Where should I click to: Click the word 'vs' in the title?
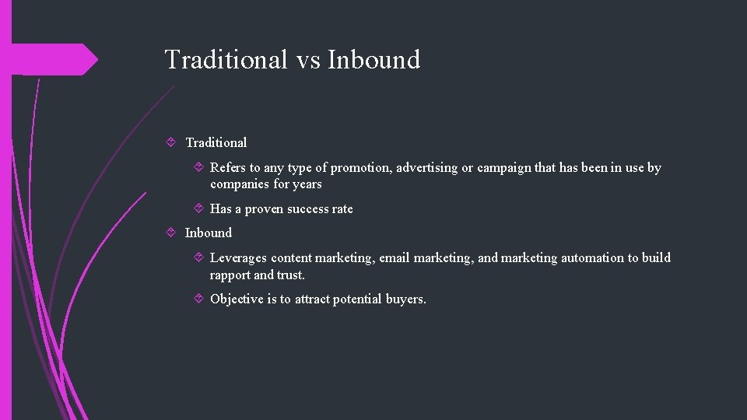pyautogui.click(x=308, y=60)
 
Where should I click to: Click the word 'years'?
pyautogui.click(x=307, y=185)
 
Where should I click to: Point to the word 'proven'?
pyautogui.click(x=265, y=208)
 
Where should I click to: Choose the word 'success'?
pyautogui.click(x=310, y=208)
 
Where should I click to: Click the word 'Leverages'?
pyautogui.click(x=238, y=257)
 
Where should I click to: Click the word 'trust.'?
pyautogui.click(x=291, y=275)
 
